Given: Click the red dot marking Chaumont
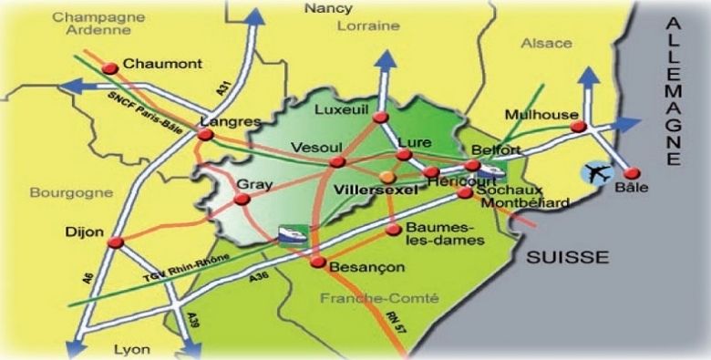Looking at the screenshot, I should click(111, 67).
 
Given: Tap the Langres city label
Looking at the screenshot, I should click(230, 121).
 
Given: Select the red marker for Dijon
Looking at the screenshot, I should click(116, 242).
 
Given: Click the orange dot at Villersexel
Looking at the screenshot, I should click(388, 175).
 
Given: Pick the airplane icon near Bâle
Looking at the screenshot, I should click(598, 171).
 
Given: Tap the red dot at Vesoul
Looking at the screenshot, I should click(338, 162).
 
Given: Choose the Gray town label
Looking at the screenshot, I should click(249, 182).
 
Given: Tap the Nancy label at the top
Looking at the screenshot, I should click(328, 8).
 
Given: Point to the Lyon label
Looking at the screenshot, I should click(131, 349).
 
